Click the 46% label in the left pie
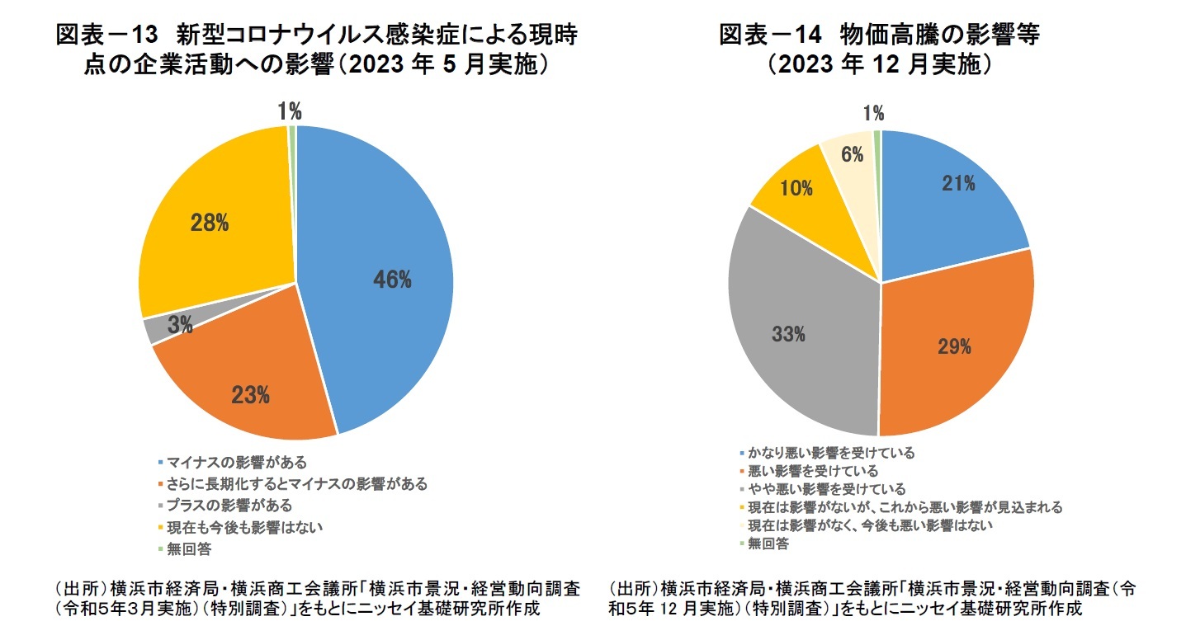(x=391, y=280)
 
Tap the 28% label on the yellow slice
(x=209, y=223)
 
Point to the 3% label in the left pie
(x=179, y=326)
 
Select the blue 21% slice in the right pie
(x=949, y=198)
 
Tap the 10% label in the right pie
(x=796, y=188)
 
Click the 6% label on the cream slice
(x=853, y=154)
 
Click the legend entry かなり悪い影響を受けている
(x=830, y=453)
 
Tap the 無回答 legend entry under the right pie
(x=768, y=544)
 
